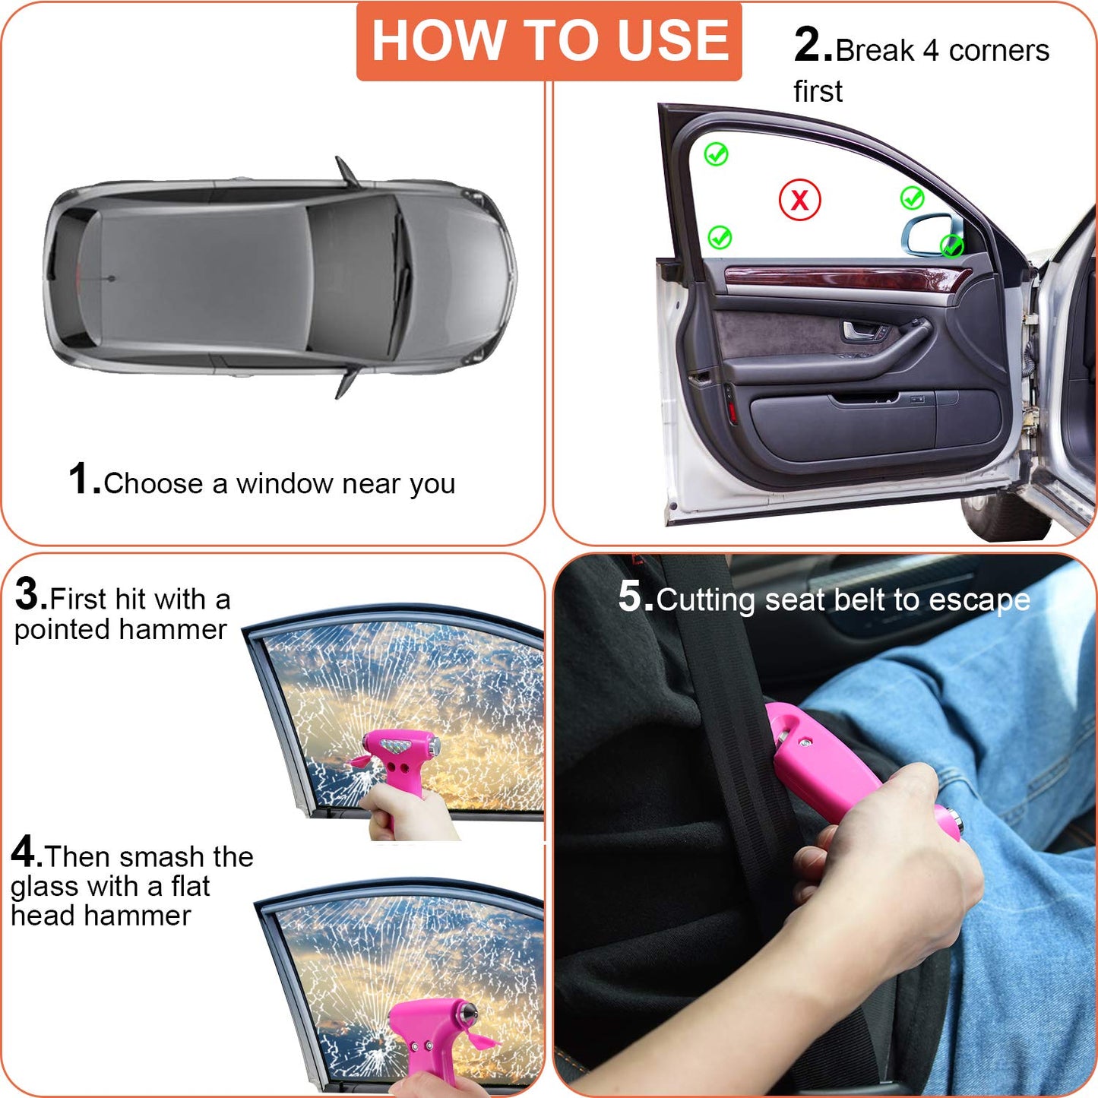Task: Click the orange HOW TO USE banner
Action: coord(549,41)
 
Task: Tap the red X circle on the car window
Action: coord(799,201)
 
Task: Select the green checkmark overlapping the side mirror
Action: coord(951,245)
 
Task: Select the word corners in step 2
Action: coord(998,51)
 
